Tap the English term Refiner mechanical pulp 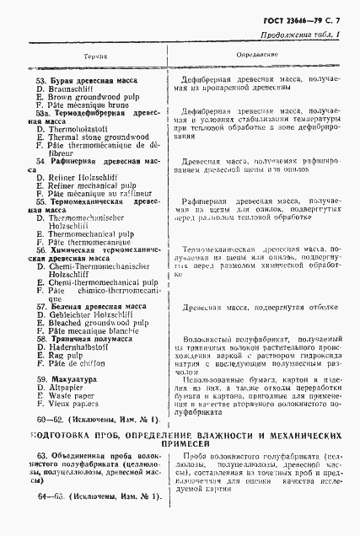93,185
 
